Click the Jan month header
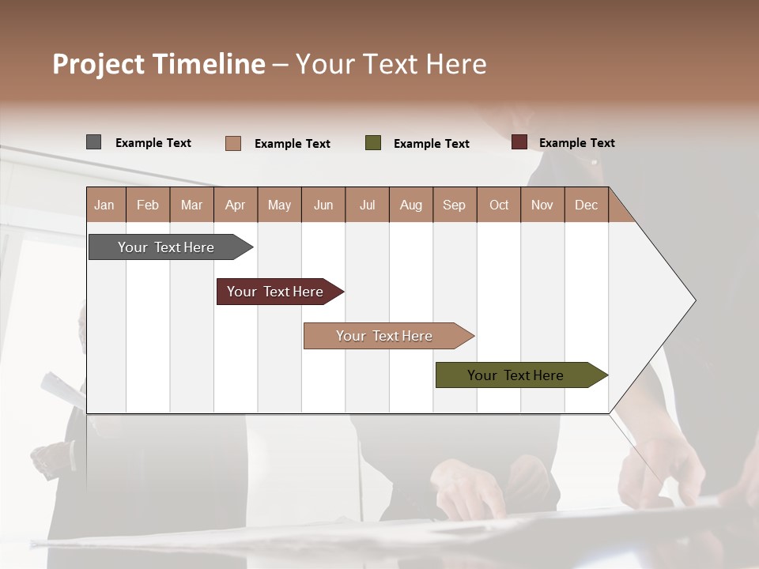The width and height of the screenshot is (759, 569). point(105,205)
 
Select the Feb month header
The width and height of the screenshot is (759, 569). point(148,205)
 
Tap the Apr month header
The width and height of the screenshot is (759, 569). point(235,205)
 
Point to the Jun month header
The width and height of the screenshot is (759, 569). point(323,205)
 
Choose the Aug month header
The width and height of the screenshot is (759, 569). point(410,205)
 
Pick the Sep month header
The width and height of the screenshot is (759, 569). point(455,205)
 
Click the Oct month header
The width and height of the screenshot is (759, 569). point(499,205)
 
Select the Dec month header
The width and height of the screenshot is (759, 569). point(586,205)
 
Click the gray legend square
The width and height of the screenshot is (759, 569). point(93,142)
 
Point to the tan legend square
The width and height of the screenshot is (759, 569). point(232,143)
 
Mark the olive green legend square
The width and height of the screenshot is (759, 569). point(372,143)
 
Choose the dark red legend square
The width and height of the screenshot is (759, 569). point(519,142)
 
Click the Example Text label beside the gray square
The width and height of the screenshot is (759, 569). point(153,143)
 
